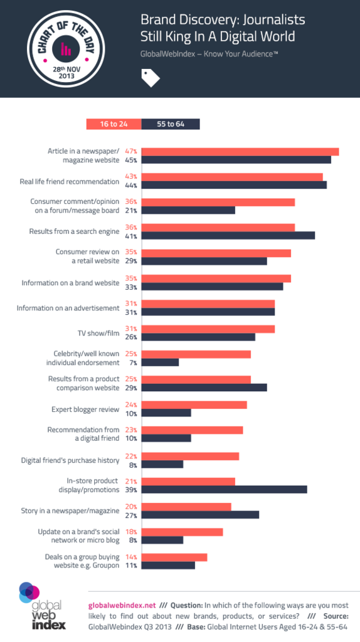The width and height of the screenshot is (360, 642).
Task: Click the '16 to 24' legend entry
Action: (x=114, y=124)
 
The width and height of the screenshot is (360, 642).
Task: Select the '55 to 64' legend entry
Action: (x=171, y=124)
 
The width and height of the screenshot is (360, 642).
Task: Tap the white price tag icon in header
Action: (x=151, y=78)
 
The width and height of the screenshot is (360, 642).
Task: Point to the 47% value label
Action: (x=131, y=152)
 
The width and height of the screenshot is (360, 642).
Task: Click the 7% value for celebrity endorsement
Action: (x=133, y=362)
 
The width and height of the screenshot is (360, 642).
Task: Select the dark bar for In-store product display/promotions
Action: (x=225, y=489)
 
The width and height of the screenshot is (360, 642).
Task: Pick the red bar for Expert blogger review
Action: (x=194, y=405)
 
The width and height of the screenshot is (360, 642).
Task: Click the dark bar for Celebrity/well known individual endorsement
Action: (x=161, y=362)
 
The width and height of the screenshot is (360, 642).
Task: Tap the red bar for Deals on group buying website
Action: (x=174, y=557)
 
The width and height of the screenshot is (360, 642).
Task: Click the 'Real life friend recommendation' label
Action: (x=70, y=181)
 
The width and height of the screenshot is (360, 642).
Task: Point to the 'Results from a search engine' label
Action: (x=74, y=231)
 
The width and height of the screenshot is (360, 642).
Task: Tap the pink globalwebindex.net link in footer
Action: (x=122, y=605)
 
